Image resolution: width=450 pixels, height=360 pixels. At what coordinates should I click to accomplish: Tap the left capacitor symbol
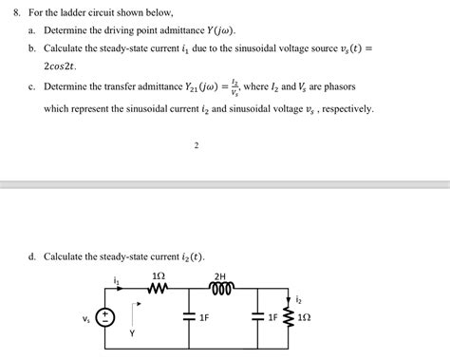pyautogui.click(x=188, y=317)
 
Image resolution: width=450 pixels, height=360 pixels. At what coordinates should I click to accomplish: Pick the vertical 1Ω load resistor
pyautogui.click(x=288, y=317)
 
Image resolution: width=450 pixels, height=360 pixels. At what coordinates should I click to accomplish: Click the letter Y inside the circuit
pyautogui.click(x=132, y=333)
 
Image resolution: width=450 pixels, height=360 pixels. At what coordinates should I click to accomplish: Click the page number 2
pyautogui.click(x=196, y=146)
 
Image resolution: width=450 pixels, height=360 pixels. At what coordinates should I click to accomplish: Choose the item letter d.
pyautogui.click(x=32, y=256)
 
